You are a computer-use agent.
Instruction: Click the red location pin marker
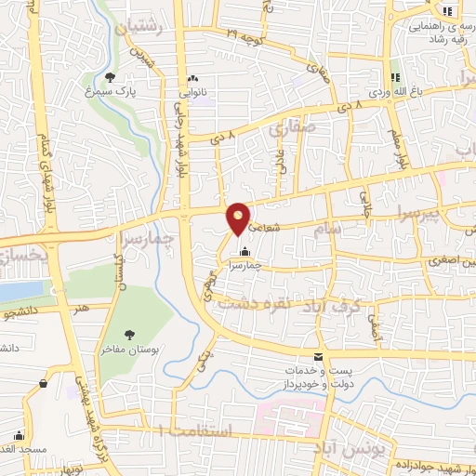(239, 218)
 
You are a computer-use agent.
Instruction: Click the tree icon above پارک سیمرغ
(111, 77)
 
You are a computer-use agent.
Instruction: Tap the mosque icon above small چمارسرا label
(245, 251)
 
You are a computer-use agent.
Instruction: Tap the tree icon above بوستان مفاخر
(129, 335)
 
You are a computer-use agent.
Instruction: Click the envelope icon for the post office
(320, 357)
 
